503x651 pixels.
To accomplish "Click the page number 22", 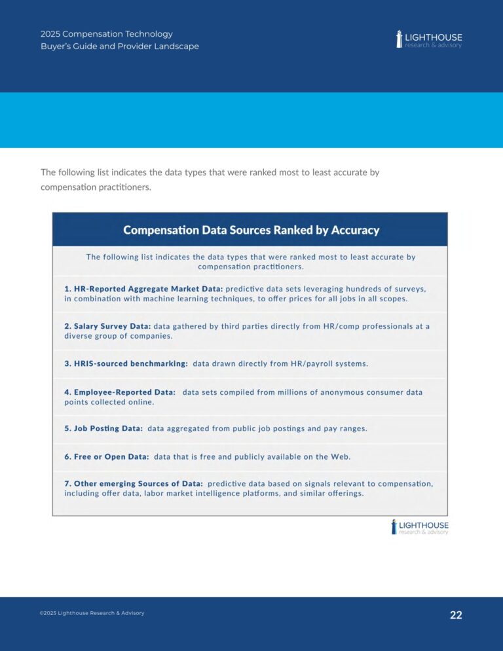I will pos(456,615).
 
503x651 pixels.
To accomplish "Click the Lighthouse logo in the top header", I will pos(429,39).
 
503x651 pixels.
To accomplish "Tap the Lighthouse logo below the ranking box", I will pos(420,527).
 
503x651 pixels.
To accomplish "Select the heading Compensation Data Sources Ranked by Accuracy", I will pos(251,230).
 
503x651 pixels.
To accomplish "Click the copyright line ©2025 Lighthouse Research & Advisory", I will pos(92,613).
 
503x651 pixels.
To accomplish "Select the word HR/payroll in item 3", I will pos(314,363).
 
